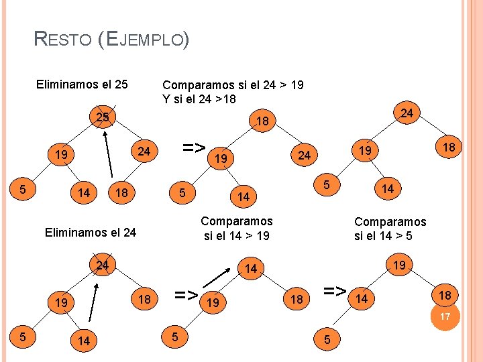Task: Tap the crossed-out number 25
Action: tap(103, 118)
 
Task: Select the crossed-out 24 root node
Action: tap(102, 265)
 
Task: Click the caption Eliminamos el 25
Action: tap(81, 85)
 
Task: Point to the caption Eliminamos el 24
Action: tap(90, 233)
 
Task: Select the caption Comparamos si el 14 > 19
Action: tap(237, 228)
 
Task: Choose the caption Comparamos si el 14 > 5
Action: tap(390, 229)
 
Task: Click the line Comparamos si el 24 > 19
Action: tap(233, 85)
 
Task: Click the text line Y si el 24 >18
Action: tap(199, 99)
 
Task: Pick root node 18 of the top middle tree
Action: tap(262, 122)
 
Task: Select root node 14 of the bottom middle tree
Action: tap(250, 269)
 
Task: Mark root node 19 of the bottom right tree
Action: tap(399, 265)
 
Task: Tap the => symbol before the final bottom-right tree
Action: tap(335, 291)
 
